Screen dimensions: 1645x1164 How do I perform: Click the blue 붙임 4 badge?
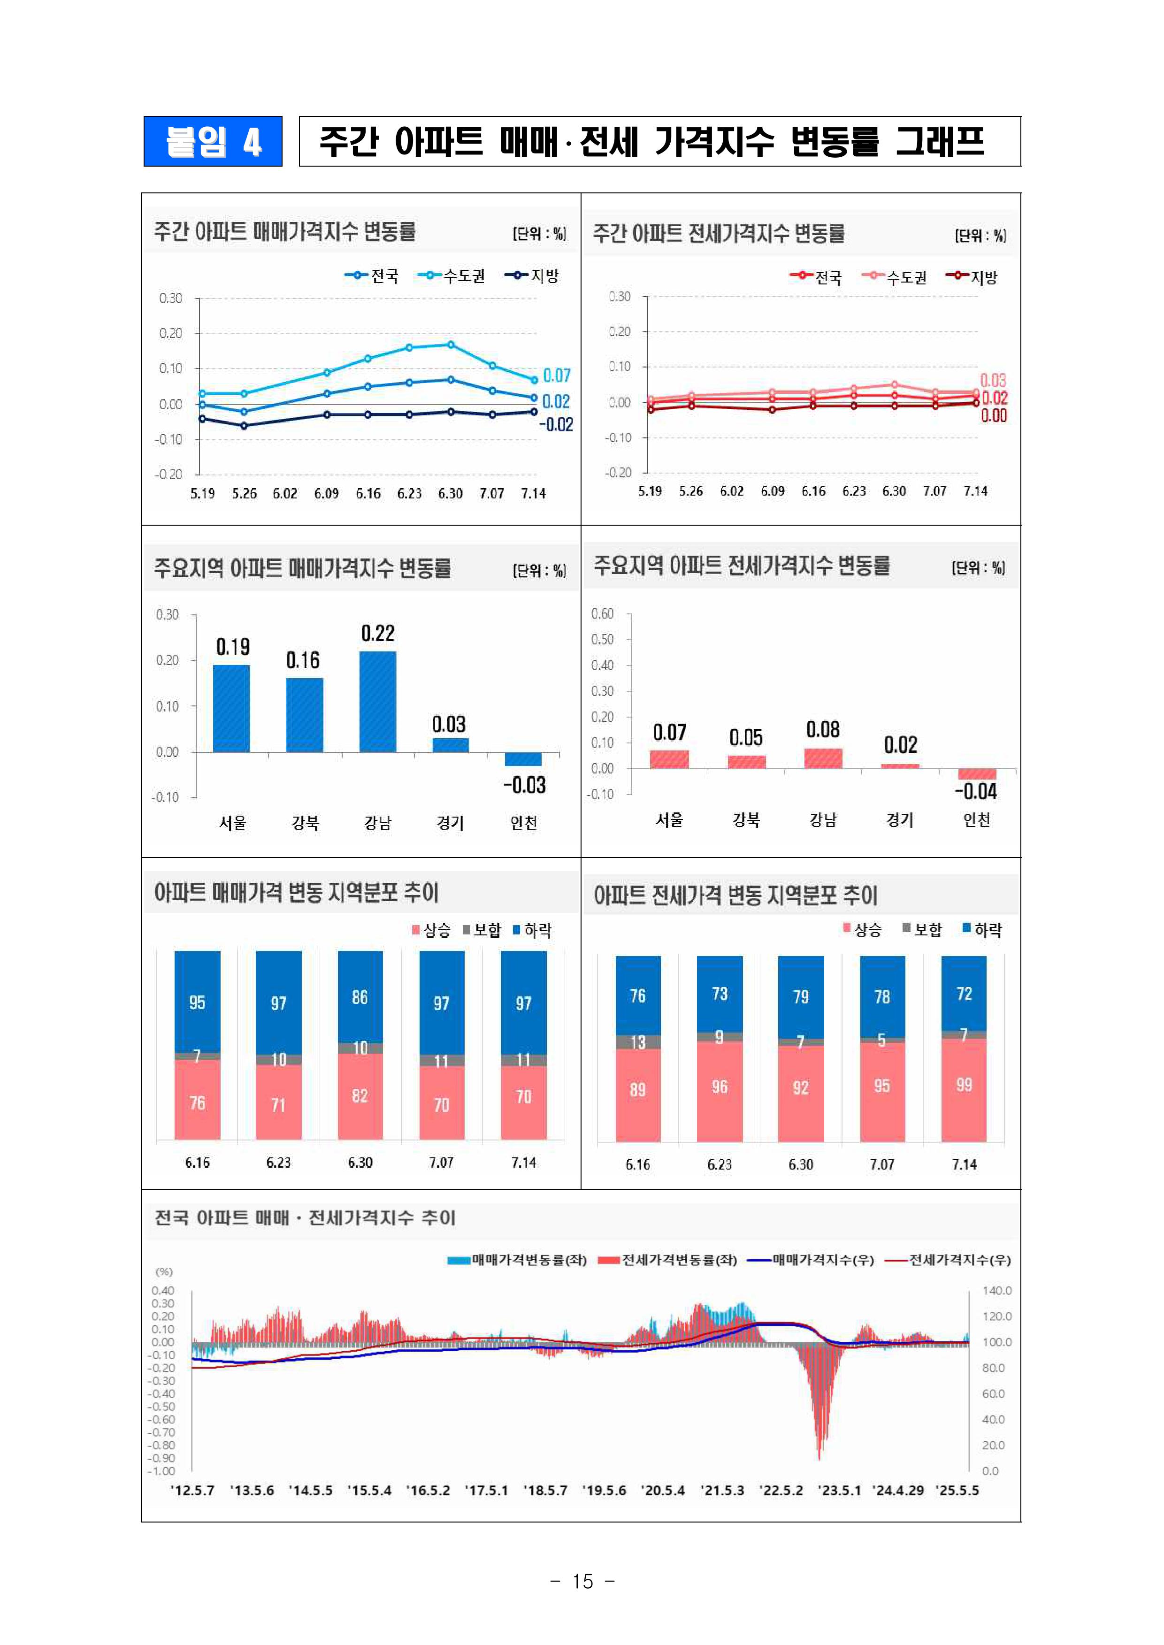pyautogui.click(x=213, y=141)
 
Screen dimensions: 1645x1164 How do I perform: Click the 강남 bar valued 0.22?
pyautogui.click(x=378, y=701)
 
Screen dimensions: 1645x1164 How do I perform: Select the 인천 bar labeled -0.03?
pyautogui.click(x=523, y=759)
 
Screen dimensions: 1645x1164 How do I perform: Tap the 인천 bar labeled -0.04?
pyautogui.click(x=977, y=774)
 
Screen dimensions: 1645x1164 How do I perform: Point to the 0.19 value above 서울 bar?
pyautogui.click(x=233, y=647)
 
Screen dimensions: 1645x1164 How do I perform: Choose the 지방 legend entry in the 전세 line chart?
pyautogui.click(x=972, y=277)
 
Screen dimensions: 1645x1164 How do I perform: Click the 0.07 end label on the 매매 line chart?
pyautogui.click(x=556, y=375)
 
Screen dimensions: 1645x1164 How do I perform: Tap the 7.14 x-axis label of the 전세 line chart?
pyautogui.click(x=975, y=491)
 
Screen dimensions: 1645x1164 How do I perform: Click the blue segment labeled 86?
pyautogui.click(x=360, y=997)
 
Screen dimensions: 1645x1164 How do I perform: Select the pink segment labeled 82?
pyautogui.click(x=360, y=1096)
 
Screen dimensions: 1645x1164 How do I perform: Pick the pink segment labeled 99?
pyautogui.click(x=964, y=1085)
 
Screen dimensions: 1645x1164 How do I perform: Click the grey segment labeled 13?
pyautogui.click(x=638, y=1042)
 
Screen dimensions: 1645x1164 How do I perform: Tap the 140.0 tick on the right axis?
pyautogui.click(x=996, y=1290)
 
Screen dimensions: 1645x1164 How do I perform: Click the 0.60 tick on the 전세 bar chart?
pyautogui.click(x=602, y=613)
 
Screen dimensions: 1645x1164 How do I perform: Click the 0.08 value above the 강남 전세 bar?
pyautogui.click(x=823, y=730)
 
